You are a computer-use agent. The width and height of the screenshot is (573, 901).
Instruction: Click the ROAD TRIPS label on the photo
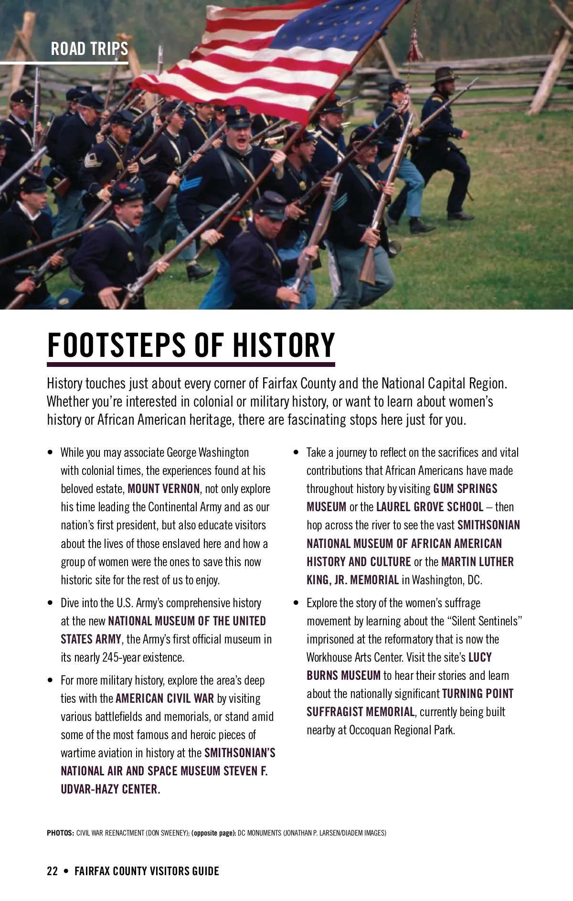tap(89, 49)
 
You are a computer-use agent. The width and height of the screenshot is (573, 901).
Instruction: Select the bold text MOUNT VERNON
tap(164, 489)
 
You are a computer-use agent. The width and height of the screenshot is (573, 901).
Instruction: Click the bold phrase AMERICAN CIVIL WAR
tap(165, 698)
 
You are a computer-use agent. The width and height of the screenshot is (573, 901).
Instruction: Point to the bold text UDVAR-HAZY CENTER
tap(110, 789)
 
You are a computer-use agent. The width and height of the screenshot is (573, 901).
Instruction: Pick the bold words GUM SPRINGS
tap(465, 489)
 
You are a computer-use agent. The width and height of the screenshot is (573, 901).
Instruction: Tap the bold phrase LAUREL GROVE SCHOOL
tap(430, 507)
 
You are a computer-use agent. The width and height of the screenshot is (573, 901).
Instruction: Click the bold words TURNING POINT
tap(477, 694)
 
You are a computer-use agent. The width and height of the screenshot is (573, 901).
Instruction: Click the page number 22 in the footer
tap(52, 871)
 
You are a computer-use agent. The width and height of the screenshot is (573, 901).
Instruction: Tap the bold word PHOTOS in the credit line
tap(60, 833)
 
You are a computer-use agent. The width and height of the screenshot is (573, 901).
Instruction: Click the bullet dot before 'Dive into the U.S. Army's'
tap(51, 603)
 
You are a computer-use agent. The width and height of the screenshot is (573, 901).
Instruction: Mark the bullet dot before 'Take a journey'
tap(297, 452)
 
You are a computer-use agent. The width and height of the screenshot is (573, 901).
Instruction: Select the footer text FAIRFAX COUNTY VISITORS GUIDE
tap(147, 871)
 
